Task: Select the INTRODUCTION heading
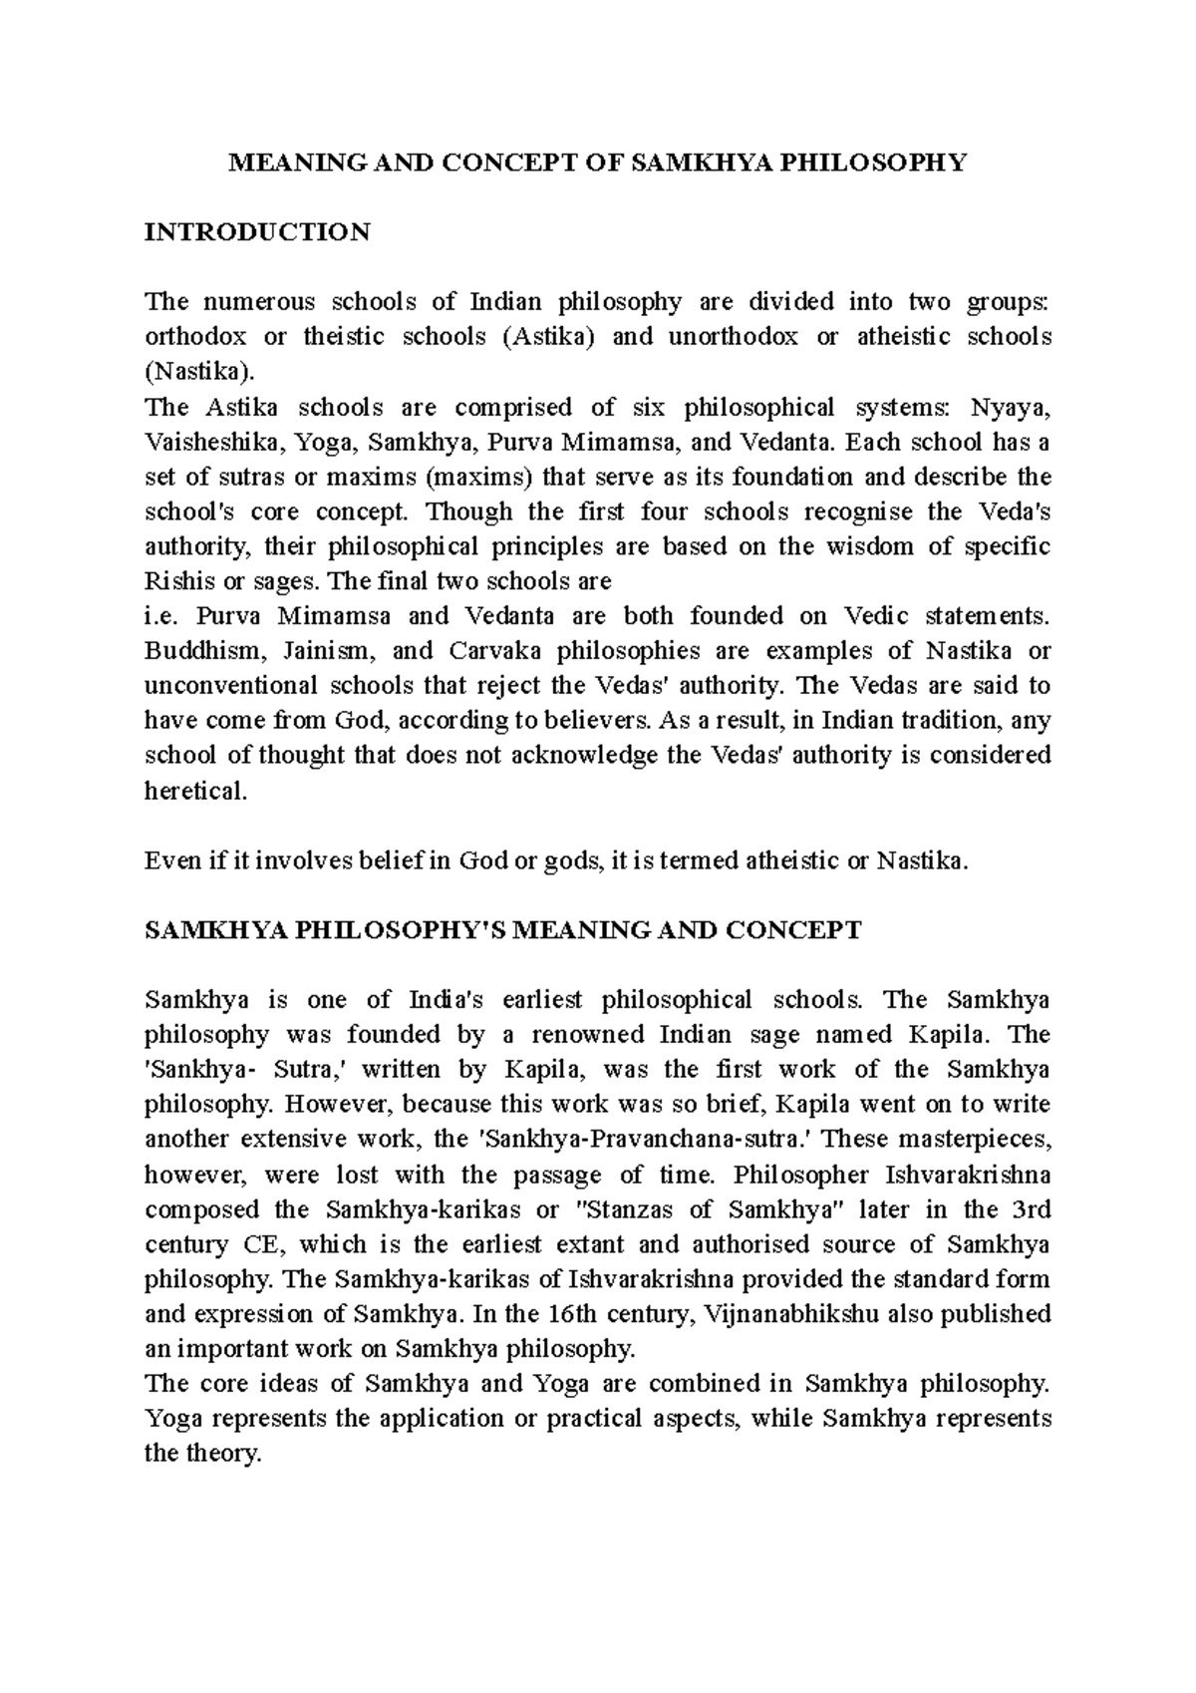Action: tap(257, 232)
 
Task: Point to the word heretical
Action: tap(194, 791)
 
